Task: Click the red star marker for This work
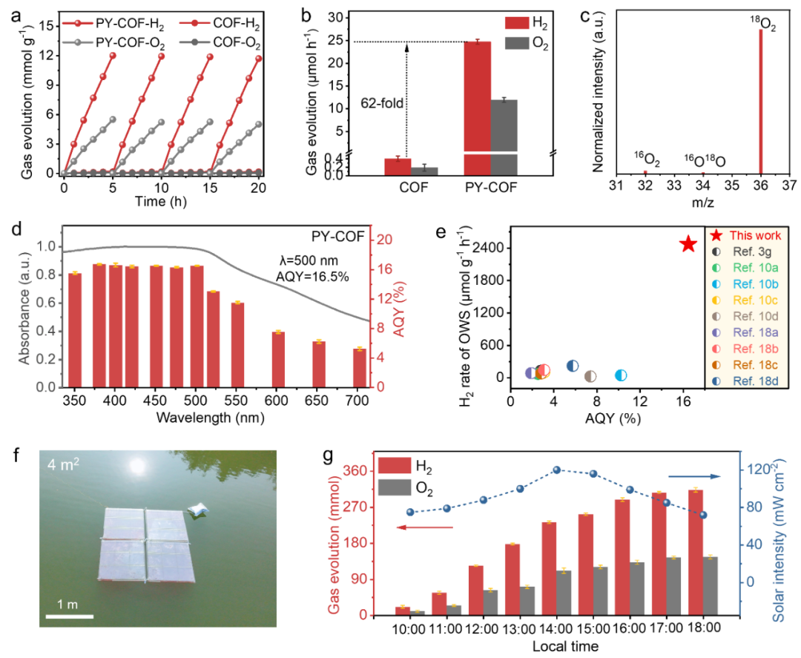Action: point(688,244)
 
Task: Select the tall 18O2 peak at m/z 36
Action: point(761,102)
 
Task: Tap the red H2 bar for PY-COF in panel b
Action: point(477,108)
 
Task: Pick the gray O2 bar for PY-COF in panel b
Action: point(504,138)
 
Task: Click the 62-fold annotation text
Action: point(382,103)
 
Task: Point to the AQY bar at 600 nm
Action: point(278,360)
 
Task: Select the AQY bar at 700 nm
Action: point(360,368)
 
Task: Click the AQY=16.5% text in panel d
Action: point(313,277)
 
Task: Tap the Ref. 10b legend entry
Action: point(747,284)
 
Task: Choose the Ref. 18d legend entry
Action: point(747,381)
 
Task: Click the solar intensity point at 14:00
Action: point(557,470)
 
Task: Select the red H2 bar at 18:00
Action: point(696,553)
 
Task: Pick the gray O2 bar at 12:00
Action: point(490,603)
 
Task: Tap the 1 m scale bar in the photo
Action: point(70,616)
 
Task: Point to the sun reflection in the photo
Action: point(137,465)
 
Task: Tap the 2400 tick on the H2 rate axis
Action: point(488,248)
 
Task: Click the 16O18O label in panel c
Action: point(705,161)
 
